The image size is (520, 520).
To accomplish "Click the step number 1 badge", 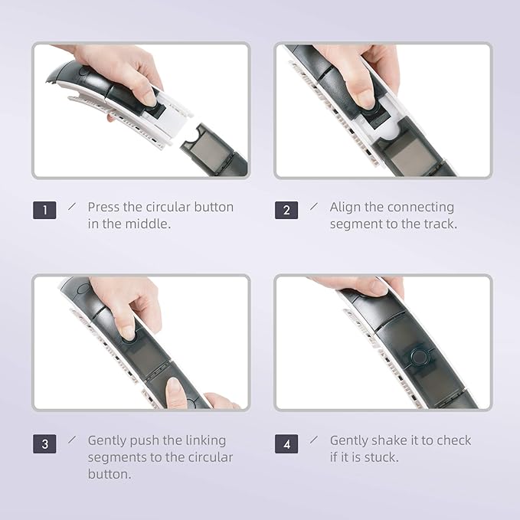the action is [x=44, y=210].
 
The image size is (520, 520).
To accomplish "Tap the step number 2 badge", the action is [x=286, y=210].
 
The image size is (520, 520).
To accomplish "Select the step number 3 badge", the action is [x=44, y=443].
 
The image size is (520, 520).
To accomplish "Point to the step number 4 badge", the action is [x=286, y=443].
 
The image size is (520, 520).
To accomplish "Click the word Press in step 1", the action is [x=103, y=207].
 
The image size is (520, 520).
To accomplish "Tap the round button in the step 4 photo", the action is [x=419, y=357].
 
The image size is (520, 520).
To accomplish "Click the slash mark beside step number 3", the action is [x=72, y=440].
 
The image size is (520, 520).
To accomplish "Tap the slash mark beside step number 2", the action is [x=314, y=206].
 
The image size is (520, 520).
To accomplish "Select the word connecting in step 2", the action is [x=420, y=208].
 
